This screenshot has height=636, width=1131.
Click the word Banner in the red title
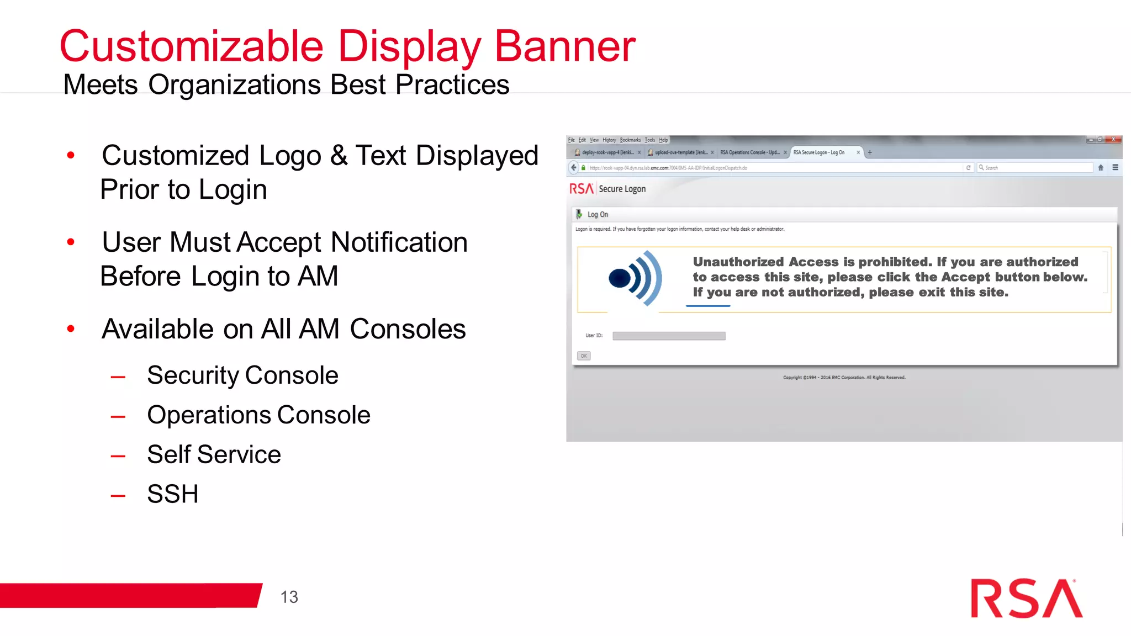(564, 46)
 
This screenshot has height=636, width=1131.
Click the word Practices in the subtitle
(452, 85)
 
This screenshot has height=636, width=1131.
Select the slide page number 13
(289, 597)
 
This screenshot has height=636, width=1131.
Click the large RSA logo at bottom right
(1026, 599)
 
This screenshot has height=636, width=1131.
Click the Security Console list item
(242, 375)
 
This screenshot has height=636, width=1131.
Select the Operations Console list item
(258, 415)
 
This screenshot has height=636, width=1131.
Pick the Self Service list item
(214, 455)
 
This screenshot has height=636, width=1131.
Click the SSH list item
(172, 494)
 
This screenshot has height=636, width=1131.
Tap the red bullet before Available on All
(71, 329)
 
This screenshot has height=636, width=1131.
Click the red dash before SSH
(118, 496)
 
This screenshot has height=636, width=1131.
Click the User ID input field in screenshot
(669, 336)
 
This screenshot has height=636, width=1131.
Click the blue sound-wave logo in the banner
(635, 278)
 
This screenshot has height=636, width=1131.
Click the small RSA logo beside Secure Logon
(581, 189)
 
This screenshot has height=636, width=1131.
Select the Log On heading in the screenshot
(598, 214)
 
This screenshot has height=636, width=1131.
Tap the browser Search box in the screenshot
(1035, 167)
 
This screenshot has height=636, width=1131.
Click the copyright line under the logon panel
(844, 378)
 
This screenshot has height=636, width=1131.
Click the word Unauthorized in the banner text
(738, 262)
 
